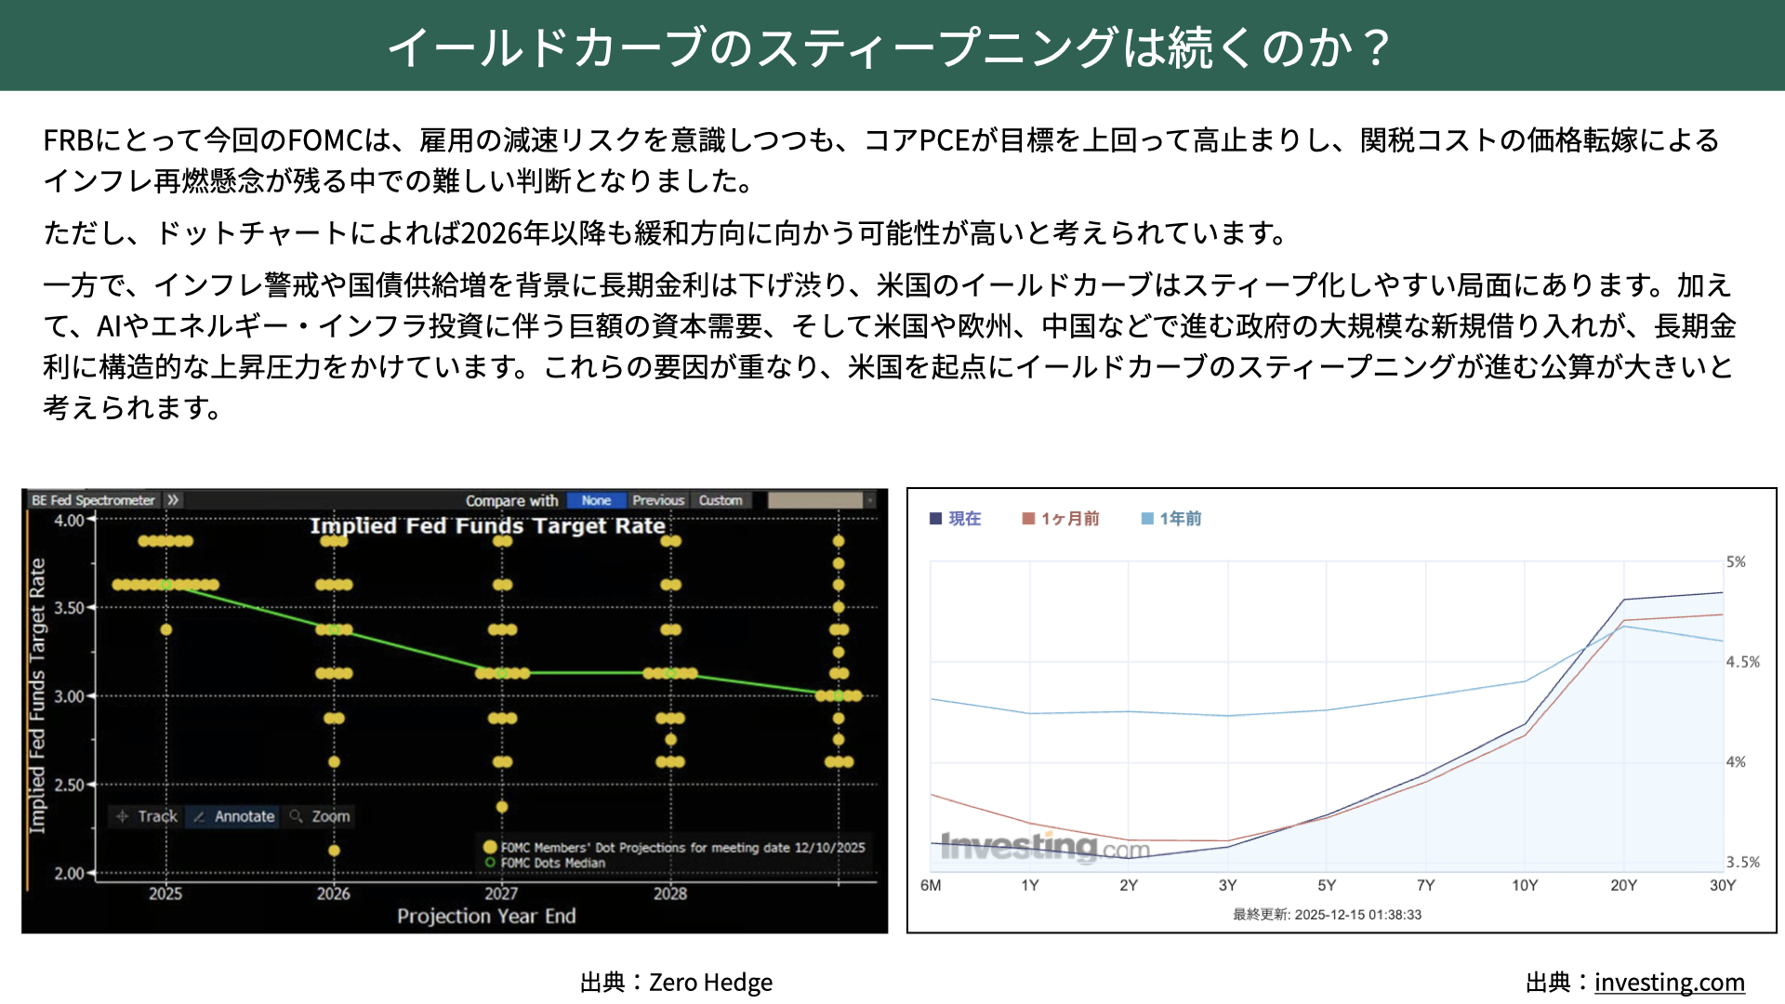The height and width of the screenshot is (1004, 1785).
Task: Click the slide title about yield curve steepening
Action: click(890, 46)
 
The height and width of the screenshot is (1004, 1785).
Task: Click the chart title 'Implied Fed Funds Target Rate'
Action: click(487, 526)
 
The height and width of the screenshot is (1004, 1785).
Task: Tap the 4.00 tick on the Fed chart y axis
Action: click(69, 520)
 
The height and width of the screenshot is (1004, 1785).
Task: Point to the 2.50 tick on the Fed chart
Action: click(69, 785)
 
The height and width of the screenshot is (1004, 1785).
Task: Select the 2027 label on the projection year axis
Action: click(501, 893)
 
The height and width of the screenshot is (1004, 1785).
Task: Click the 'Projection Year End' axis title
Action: click(486, 916)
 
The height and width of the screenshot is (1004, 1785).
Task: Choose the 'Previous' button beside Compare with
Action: click(658, 500)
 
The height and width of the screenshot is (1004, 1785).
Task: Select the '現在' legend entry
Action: click(956, 519)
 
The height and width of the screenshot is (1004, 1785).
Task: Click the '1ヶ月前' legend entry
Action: click(1061, 519)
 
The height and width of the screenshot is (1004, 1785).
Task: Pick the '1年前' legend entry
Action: click(1171, 519)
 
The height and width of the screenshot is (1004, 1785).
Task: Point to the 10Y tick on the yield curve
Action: click(1525, 885)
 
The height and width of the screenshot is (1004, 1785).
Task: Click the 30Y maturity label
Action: click(1723, 885)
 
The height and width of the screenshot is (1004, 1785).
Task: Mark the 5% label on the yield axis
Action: click(1736, 561)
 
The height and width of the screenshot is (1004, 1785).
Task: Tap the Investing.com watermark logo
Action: click(1045, 847)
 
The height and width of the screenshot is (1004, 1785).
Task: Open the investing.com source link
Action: click(1669, 982)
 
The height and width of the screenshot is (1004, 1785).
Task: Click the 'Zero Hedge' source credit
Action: click(710, 982)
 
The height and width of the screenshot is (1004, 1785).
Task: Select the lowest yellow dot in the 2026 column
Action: click(334, 851)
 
